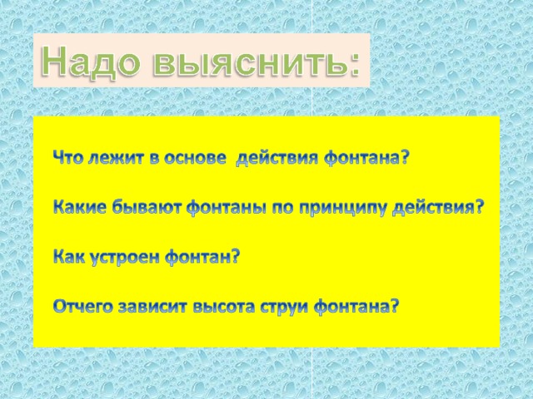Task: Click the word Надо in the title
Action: click(x=91, y=62)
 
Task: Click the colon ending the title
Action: click(x=353, y=66)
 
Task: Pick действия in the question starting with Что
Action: click(x=277, y=159)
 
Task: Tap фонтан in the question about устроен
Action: click(x=199, y=257)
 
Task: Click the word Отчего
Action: click(x=83, y=307)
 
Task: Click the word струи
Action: click(x=285, y=308)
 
